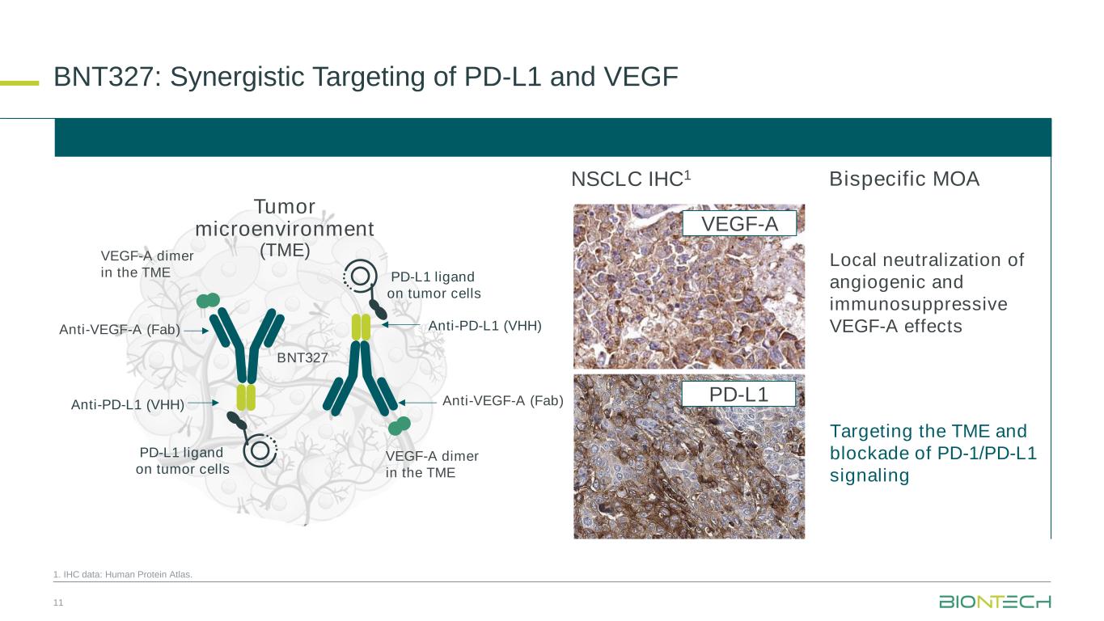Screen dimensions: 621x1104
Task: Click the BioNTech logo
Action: tap(994, 602)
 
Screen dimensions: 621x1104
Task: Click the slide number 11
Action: tap(57, 602)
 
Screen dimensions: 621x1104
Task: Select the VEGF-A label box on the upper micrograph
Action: tap(739, 223)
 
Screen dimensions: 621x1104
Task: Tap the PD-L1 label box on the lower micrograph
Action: tap(739, 395)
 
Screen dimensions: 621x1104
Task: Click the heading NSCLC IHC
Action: tap(630, 180)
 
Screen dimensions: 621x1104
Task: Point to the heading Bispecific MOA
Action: tap(904, 180)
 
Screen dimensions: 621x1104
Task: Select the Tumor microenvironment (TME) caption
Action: tap(285, 228)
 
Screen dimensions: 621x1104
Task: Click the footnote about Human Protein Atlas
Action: tap(124, 575)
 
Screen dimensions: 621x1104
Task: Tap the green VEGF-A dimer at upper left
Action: tap(209, 301)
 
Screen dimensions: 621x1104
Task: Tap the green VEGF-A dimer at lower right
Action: tap(399, 425)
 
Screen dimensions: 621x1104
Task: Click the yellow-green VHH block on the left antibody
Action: tap(246, 397)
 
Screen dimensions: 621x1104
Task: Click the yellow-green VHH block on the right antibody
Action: tap(361, 326)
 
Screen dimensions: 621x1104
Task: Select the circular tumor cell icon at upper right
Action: tap(360, 276)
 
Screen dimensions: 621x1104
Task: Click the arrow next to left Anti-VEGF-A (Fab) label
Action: tap(196, 330)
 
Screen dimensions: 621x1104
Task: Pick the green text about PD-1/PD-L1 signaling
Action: tap(933, 453)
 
